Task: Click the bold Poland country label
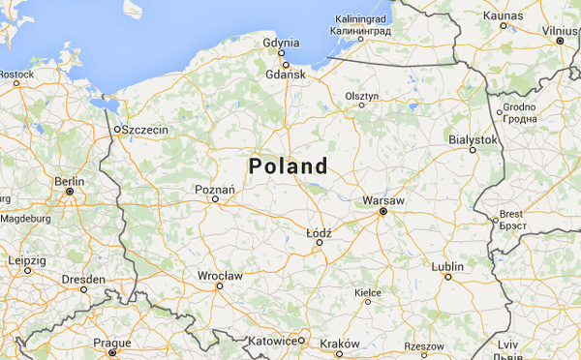point(289,165)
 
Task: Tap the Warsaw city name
point(382,199)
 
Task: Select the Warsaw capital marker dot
point(382,211)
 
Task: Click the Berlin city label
point(70,181)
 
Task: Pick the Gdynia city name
point(282,43)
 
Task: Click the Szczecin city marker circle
point(117,129)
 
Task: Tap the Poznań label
point(216,190)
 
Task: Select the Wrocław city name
point(219,276)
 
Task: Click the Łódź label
point(319,233)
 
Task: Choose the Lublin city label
point(447,265)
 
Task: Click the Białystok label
point(473,139)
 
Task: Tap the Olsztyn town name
point(362,96)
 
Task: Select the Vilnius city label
point(561,31)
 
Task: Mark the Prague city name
point(112,343)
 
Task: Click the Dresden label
point(82,278)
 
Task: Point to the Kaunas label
point(503,15)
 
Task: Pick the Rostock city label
point(16,74)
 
